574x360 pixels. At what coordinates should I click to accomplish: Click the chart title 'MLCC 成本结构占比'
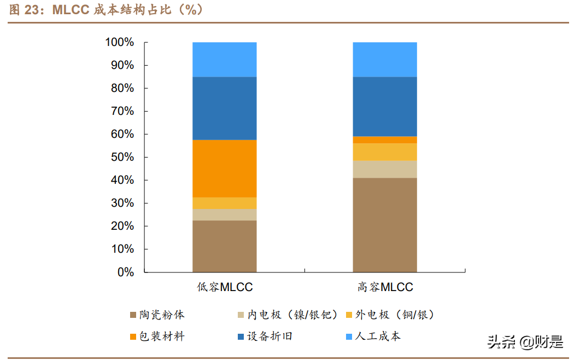click(109, 10)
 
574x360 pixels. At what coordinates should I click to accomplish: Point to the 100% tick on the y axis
click(120, 42)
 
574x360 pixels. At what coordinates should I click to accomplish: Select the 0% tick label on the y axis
click(125, 272)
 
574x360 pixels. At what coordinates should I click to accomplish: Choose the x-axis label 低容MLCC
click(225, 287)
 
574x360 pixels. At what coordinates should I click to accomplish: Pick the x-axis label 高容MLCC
click(385, 287)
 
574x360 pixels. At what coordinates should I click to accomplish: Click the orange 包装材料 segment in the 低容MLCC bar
click(225, 169)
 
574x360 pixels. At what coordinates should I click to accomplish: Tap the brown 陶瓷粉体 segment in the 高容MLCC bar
click(385, 225)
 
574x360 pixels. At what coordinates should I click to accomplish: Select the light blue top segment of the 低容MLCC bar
click(225, 60)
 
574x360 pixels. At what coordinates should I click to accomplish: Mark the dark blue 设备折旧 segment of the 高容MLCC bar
click(385, 107)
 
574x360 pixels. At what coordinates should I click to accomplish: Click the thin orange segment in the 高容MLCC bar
click(385, 140)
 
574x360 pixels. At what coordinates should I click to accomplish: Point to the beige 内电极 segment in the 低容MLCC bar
click(225, 214)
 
